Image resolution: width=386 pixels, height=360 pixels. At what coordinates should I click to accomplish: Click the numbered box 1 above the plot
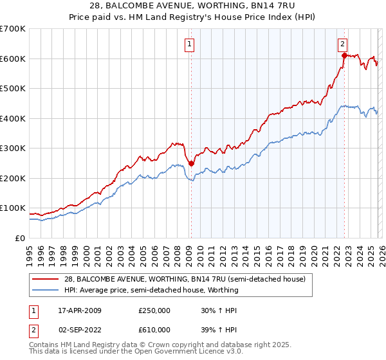190,44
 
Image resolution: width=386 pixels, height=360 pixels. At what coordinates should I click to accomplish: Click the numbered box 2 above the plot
342,44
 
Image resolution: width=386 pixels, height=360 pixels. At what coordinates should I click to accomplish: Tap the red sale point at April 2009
191,163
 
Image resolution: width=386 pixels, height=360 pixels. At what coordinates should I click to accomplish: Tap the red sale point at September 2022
344,56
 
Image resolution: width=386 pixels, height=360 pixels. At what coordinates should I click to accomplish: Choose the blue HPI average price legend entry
151,290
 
